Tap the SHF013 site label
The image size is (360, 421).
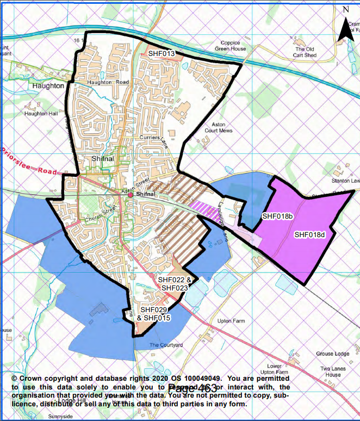tap(162, 54)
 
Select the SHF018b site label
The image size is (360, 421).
tap(278, 216)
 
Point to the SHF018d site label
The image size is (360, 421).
tap(309, 235)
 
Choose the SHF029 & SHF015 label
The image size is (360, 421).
tap(154, 313)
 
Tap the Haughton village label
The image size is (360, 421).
tap(47, 86)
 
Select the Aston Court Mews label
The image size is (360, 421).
tap(218, 127)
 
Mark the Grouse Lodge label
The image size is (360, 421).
tap(333, 354)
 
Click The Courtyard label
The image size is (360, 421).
tap(166, 345)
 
